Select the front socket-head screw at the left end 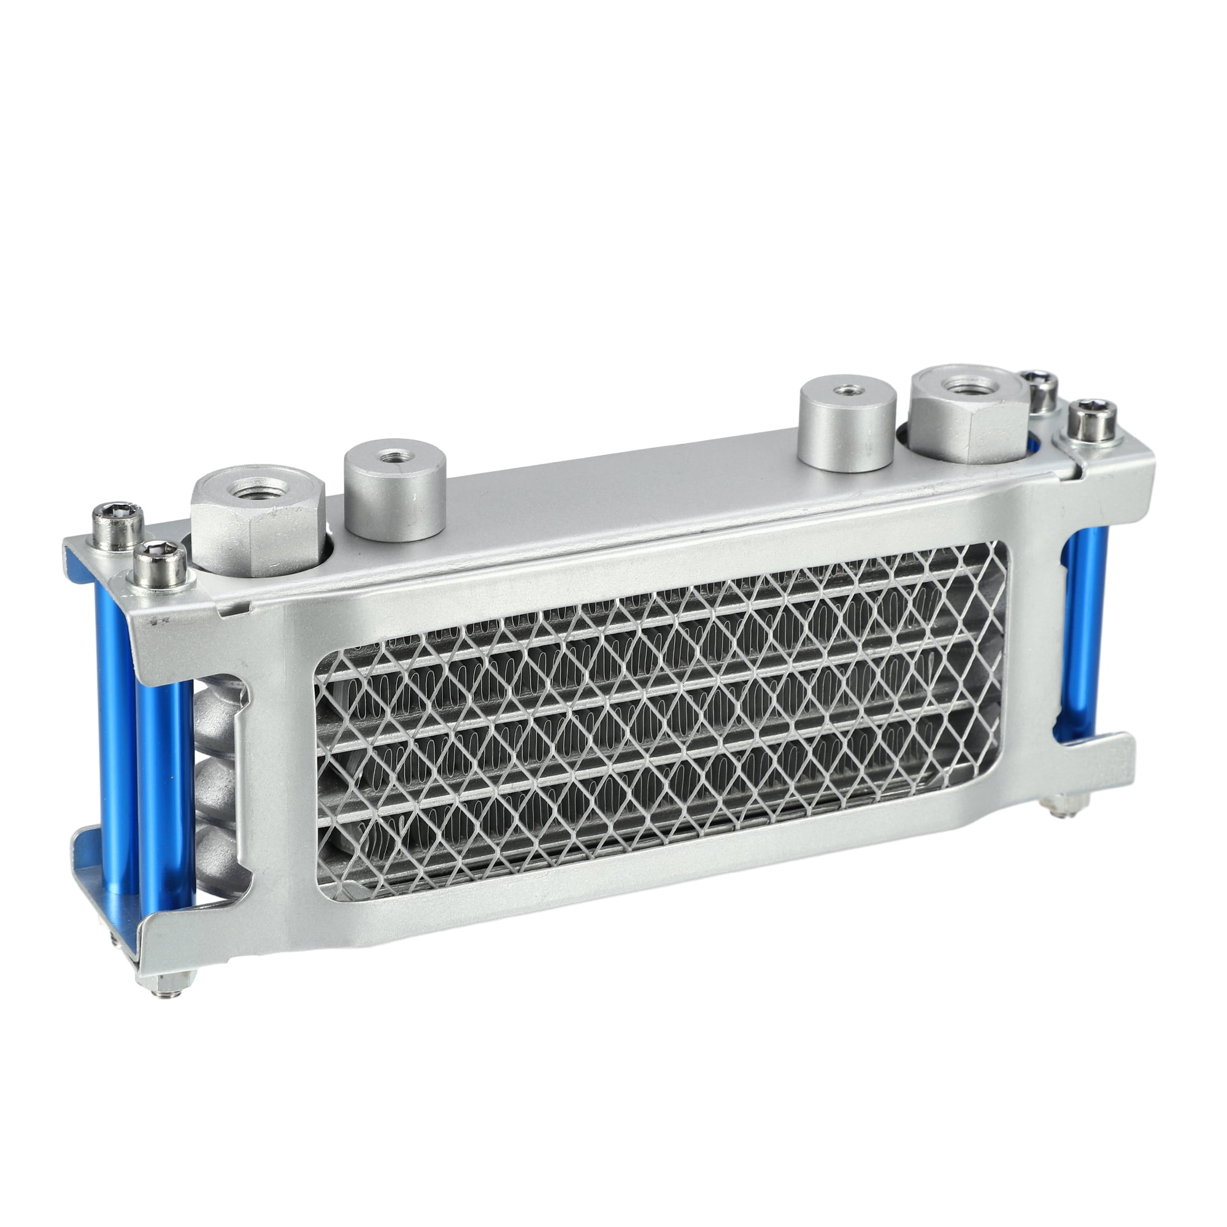(160, 563)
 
